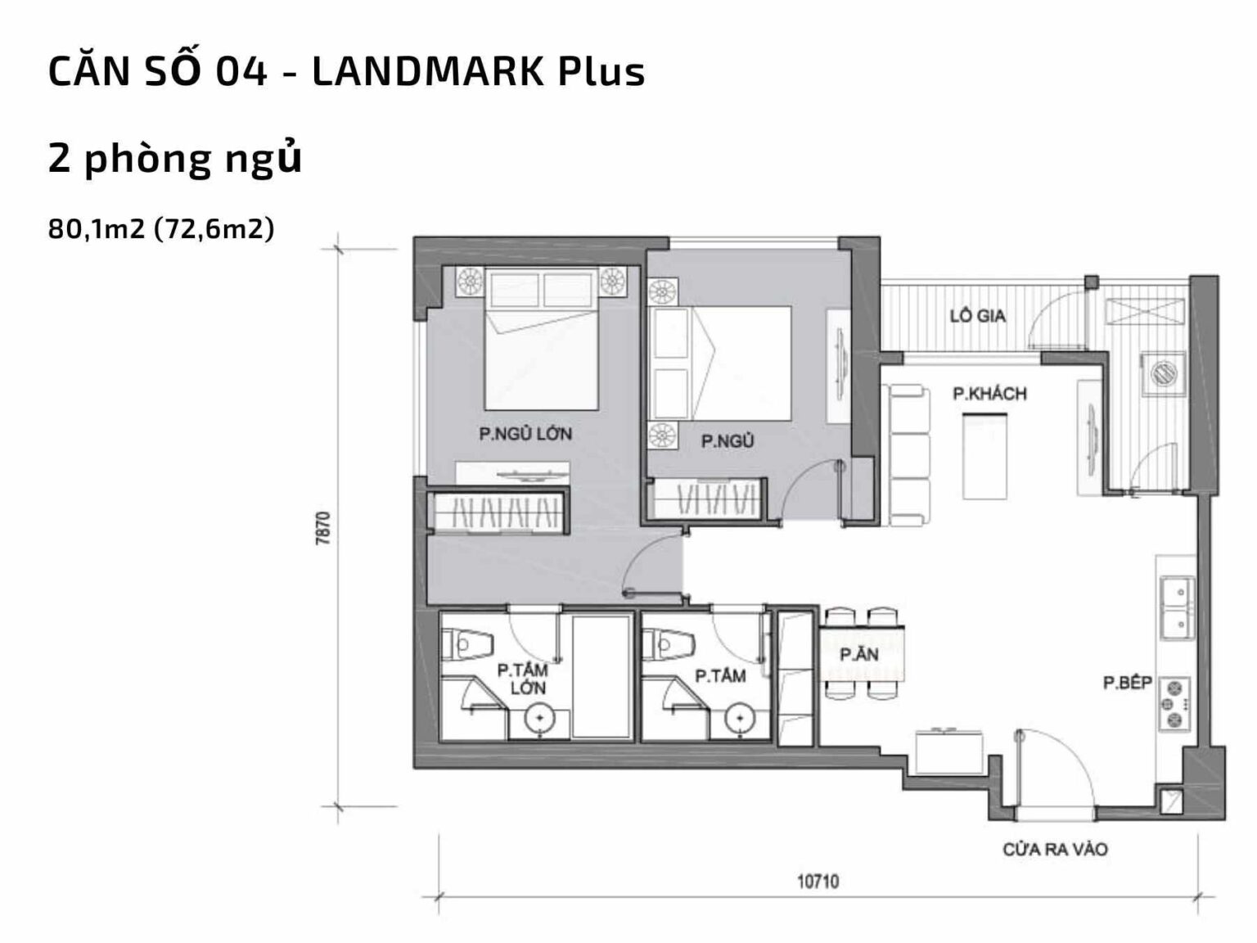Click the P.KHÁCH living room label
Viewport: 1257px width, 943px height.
pos(989,394)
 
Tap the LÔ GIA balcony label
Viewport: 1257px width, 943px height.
pos(977,316)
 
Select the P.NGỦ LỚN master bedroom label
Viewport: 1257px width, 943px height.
pos(525,434)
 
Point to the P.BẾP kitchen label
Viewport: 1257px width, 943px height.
pos(1127,683)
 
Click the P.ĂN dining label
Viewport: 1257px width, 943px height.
pos(858,655)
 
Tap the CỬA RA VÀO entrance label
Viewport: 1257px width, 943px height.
pos(1055,850)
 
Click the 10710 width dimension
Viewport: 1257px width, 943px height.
pos(818,882)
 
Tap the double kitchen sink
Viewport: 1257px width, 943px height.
pos(1176,607)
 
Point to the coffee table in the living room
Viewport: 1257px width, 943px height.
pos(984,456)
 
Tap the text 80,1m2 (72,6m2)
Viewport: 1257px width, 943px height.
pos(161,229)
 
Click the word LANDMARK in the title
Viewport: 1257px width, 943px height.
pos(426,72)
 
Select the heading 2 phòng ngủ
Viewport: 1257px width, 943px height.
pos(175,159)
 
